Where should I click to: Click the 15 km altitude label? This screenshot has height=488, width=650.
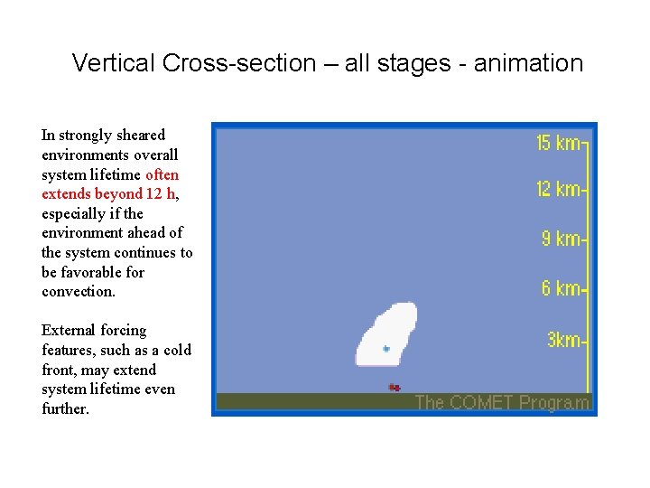559,143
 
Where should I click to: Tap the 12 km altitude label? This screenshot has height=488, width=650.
559,189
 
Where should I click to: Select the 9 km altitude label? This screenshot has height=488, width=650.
562,239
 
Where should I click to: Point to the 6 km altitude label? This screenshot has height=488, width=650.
562,288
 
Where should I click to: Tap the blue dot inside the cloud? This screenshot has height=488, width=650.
385,348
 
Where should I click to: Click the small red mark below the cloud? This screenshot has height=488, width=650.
394,387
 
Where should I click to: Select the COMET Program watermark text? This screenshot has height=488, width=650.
501,403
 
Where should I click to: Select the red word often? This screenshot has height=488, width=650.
162,174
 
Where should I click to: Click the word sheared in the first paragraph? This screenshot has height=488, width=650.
139,135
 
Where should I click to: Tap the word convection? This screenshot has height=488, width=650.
79,292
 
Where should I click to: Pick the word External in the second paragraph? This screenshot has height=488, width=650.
69,331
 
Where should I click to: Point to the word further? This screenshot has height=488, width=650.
65,410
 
